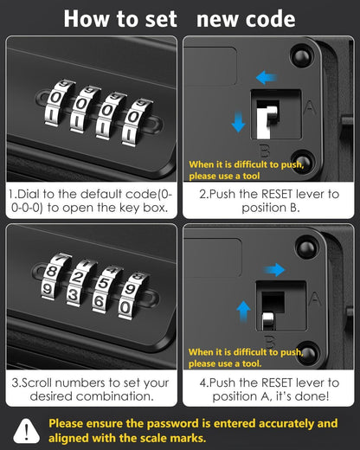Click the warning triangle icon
27,431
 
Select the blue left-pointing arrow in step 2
266,78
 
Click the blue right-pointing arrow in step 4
275,270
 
